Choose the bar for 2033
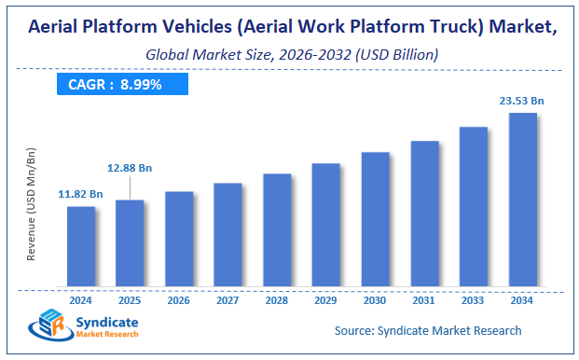(x=474, y=206)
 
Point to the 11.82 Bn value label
(x=81, y=193)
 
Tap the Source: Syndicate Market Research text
(x=428, y=330)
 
